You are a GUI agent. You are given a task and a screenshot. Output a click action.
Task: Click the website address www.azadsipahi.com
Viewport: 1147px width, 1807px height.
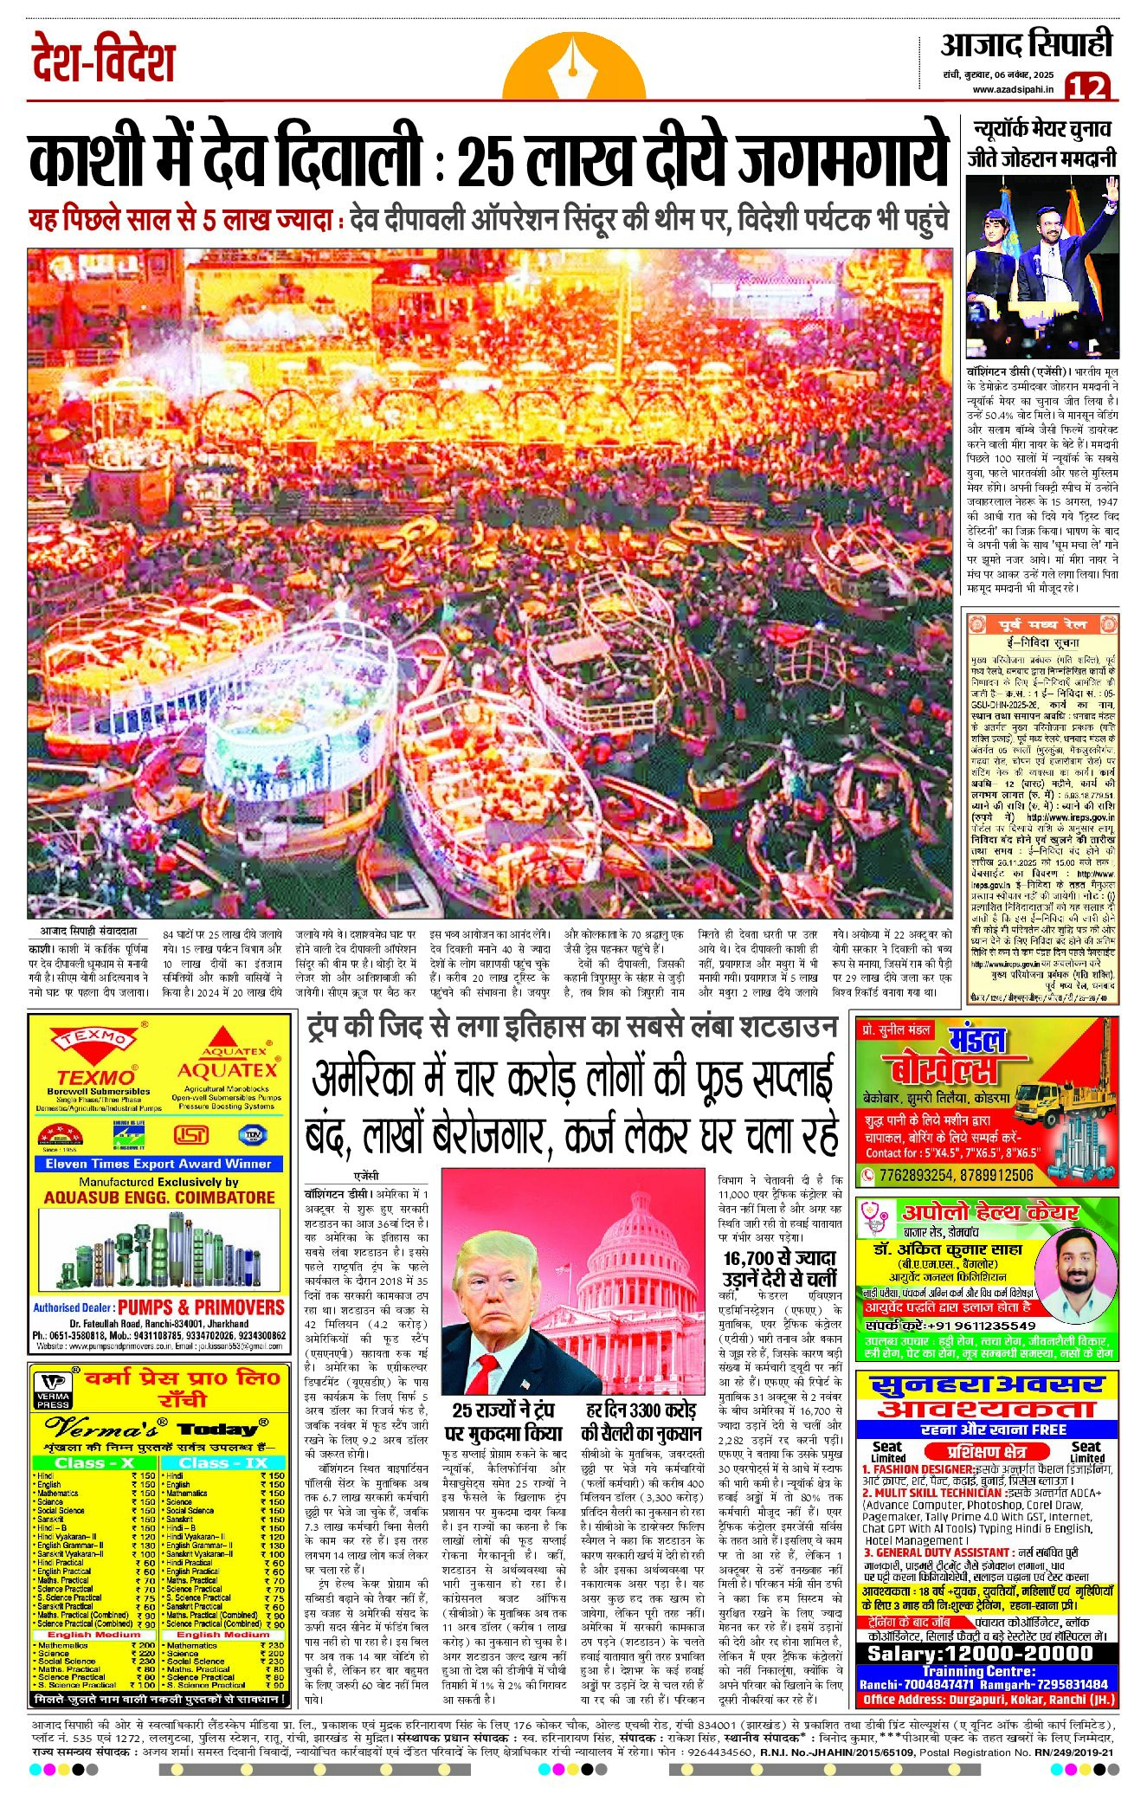pos(1015,89)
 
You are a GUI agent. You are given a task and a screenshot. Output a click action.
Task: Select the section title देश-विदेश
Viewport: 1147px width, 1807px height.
pos(105,60)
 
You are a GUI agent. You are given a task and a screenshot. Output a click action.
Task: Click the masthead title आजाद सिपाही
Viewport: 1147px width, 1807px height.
pos(1026,45)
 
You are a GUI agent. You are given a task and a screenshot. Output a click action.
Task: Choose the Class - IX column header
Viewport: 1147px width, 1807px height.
pos(223,1462)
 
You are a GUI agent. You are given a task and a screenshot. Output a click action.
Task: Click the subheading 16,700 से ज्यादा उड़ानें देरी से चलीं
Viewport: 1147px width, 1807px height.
pos(780,1268)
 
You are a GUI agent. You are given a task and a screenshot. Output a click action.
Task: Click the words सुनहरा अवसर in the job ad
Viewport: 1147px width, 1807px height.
pos(986,1385)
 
